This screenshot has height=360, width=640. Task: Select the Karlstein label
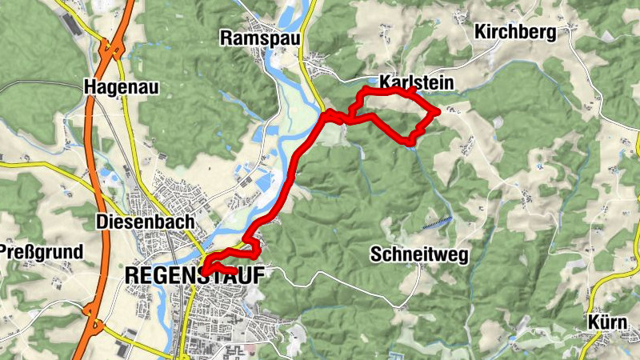(x=417, y=83)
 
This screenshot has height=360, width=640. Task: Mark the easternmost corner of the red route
(x=437, y=113)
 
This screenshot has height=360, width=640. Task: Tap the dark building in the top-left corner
(x=71, y=24)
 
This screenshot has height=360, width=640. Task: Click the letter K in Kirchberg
(x=481, y=32)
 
